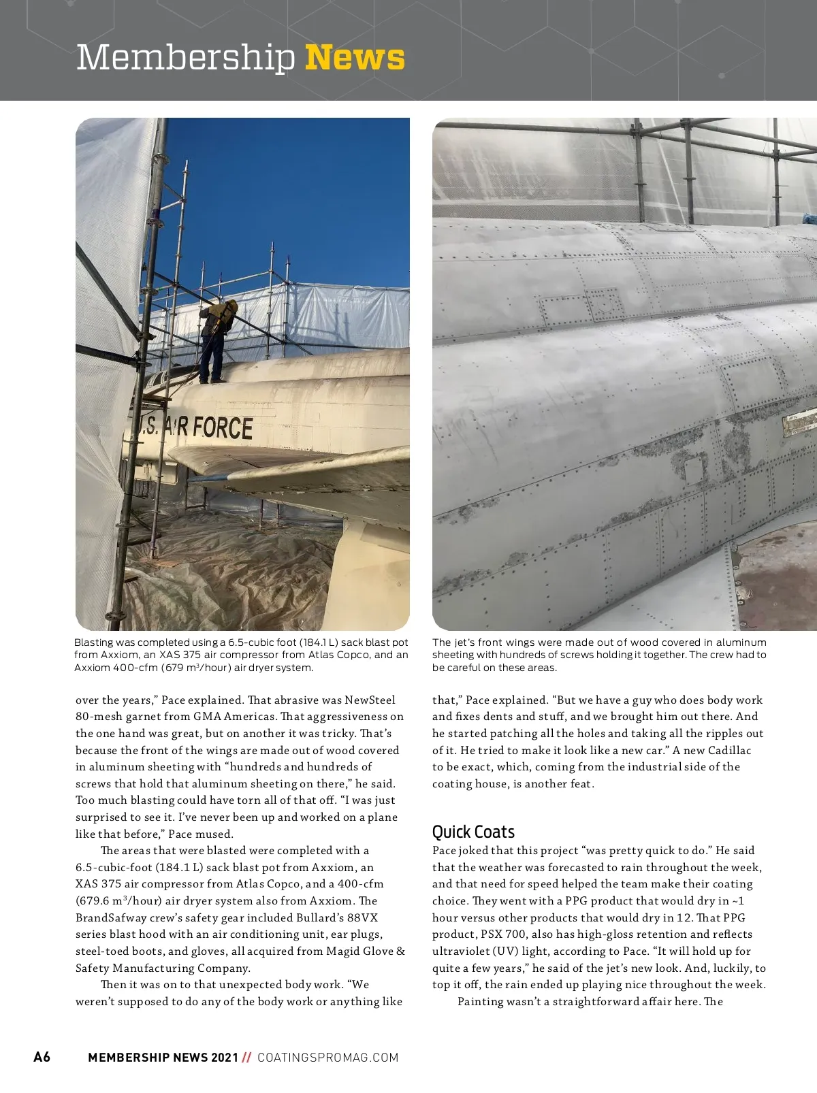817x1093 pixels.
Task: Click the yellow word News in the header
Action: (x=355, y=57)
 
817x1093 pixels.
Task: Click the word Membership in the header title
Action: (x=185, y=57)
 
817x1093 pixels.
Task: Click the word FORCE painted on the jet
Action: (x=221, y=427)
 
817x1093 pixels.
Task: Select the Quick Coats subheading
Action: (x=473, y=832)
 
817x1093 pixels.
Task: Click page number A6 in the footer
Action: (x=42, y=1057)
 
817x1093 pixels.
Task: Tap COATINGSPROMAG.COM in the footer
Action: (x=327, y=1057)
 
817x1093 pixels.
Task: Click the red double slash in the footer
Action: (x=246, y=1057)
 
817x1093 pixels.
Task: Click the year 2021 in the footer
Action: (x=225, y=1057)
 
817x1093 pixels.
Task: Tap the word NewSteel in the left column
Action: (x=370, y=700)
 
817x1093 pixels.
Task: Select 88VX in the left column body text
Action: (x=362, y=917)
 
